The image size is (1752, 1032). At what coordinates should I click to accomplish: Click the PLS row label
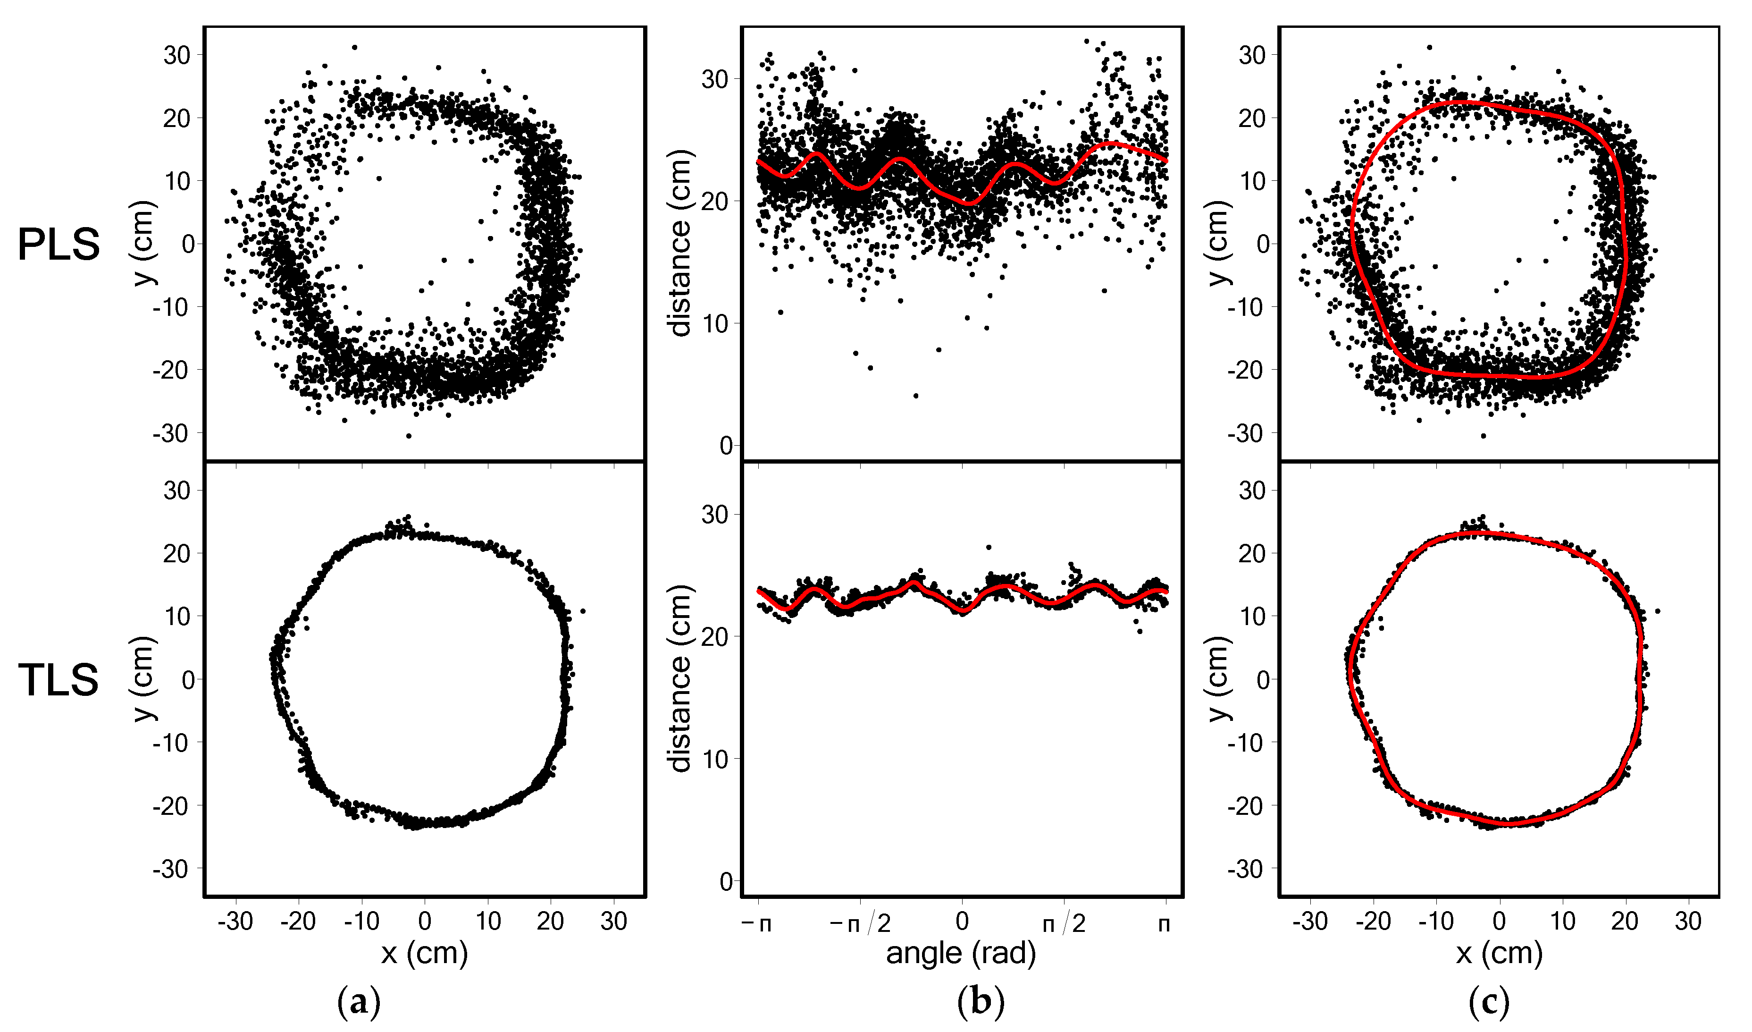(x=59, y=245)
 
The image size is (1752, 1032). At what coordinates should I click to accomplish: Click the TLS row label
(x=59, y=680)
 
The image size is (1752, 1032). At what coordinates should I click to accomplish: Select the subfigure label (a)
(x=359, y=1003)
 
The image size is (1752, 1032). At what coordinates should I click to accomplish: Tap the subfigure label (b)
(x=981, y=1003)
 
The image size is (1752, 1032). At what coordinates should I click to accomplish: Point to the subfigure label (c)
(x=1489, y=1003)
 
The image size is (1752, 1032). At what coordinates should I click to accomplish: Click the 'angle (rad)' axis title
(x=961, y=953)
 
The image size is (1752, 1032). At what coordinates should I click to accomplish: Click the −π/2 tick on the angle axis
(x=860, y=923)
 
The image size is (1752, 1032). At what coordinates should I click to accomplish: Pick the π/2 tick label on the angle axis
(x=1064, y=923)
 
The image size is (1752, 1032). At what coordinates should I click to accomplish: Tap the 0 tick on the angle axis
(x=962, y=922)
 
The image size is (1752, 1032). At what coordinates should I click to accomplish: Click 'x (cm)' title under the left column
(x=424, y=953)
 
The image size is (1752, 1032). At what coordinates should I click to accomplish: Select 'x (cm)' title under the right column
(x=1500, y=953)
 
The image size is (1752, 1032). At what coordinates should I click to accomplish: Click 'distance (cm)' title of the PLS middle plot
(x=680, y=244)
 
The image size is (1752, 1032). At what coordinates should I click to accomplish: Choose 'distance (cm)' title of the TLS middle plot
(x=680, y=679)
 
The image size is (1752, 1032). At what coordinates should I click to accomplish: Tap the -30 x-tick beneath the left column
(x=235, y=922)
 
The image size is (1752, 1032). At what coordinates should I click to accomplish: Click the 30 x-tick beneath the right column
(x=1688, y=922)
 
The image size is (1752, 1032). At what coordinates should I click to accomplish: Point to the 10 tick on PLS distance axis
(x=715, y=323)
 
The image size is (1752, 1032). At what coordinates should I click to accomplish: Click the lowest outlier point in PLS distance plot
(x=915, y=396)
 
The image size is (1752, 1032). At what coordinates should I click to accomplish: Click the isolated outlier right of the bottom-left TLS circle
(x=583, y=611)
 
